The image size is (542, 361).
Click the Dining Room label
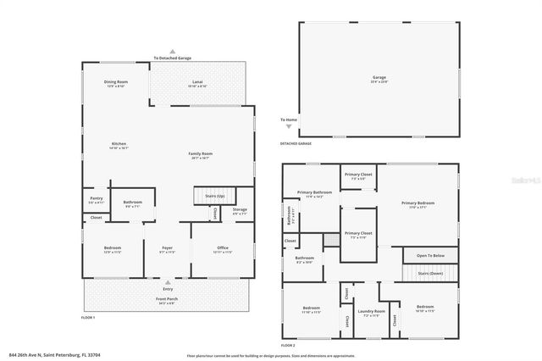(x=115, y=83)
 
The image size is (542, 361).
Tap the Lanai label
(x=196, y=83)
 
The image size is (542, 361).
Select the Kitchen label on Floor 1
(x=119, y=145)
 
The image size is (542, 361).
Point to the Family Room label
(x=200, y=155)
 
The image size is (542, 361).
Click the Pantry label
(x=97, y=200)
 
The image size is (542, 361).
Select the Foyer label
(x=168, y=249)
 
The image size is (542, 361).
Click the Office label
(x=223, y=249)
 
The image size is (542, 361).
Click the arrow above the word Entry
(x=168, y=282)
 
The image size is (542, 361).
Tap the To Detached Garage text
(x=172, y=58)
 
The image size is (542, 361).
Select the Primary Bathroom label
(x=311, y=194)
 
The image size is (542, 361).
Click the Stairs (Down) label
(x=431, y=274)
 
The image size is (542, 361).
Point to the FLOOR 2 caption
(x=288, y=346)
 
